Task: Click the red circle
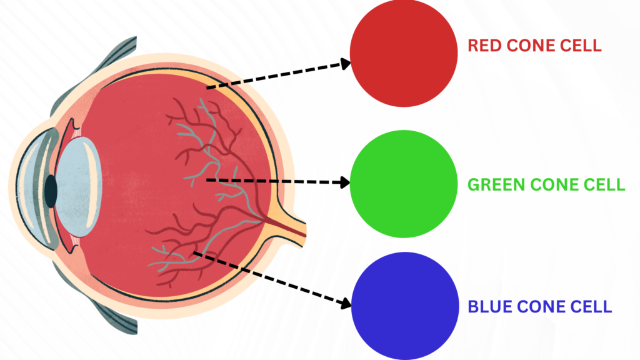[404, 53]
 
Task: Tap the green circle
[404, 183]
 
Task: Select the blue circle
[404, 306]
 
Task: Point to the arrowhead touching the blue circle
[346, 302]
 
